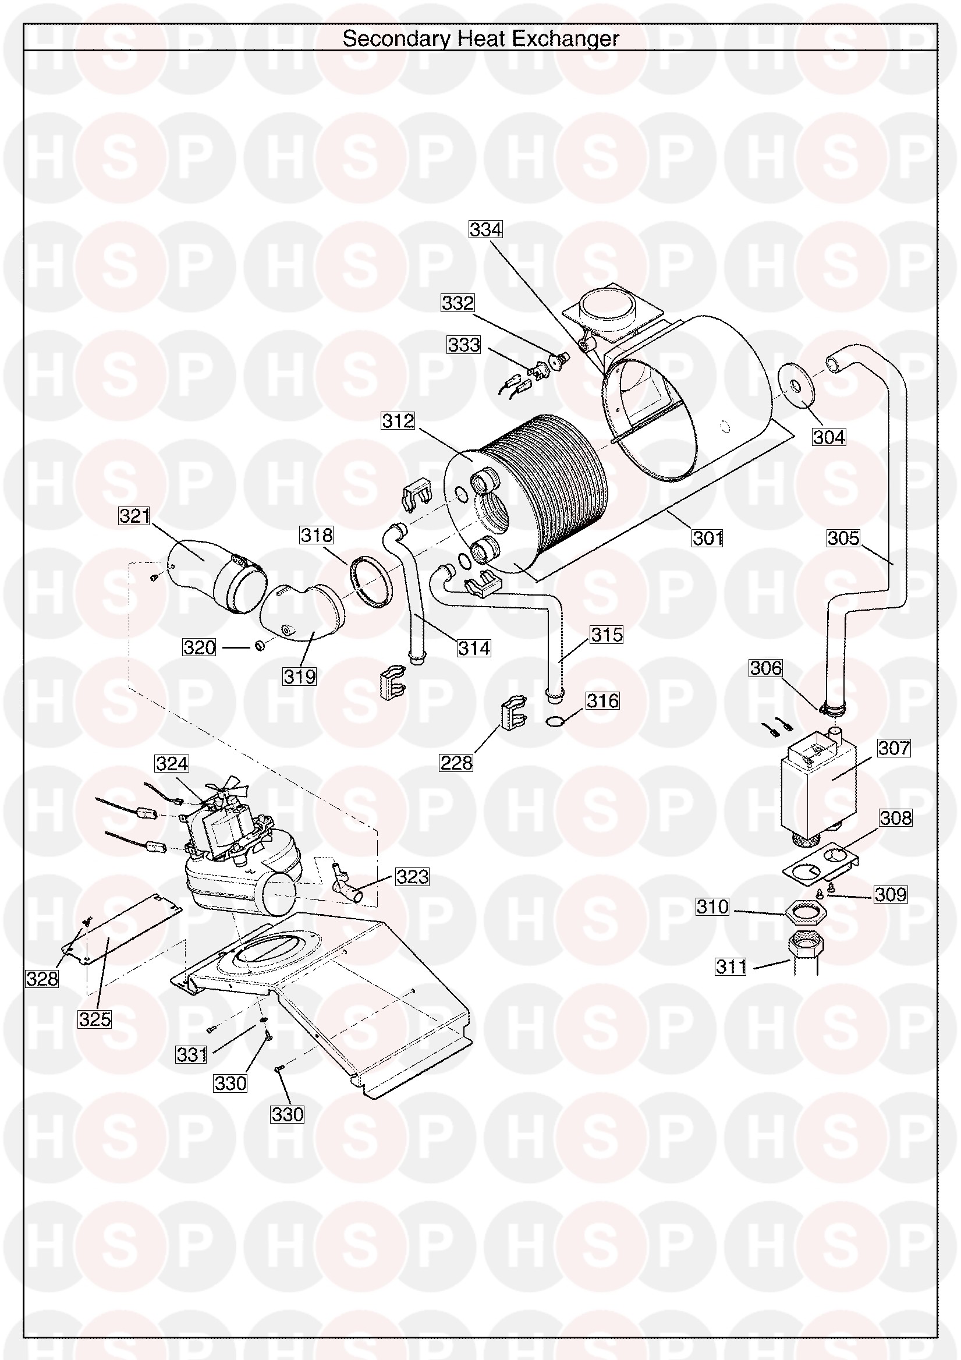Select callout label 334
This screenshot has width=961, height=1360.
click(485, 229)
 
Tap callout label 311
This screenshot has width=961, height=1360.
click(731, 966)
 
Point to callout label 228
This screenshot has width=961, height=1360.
click(456, 762)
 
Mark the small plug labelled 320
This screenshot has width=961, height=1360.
click(260, 645)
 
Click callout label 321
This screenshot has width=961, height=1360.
click(134, 516)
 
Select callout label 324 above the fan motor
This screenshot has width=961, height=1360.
click(172, 763)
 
